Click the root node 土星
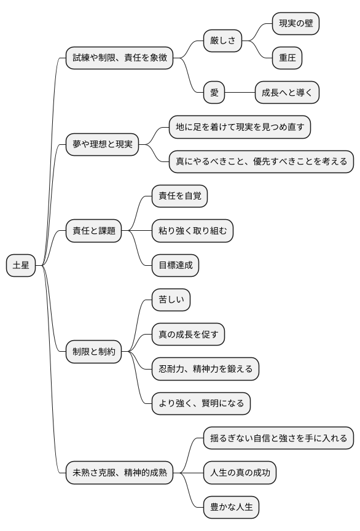pyautogui.click(x=21, y=266)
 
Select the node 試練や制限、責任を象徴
pyautogui.click(x=119, y=58)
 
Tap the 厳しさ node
pyautogui.click(x=222, y=41)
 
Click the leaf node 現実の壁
pyautogui.click(x=296, y=24)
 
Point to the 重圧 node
pyautogui.click(x=287, y=58)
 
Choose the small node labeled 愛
pyautogui.click(x=214, y=93)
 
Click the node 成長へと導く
pyautogui.click(x=287, y=93)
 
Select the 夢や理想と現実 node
pyautogui.click(x=102, y=145)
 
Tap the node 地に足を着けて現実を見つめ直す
pyautogui.click(x=240, y=128)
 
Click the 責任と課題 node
pyautogui.click(x=93, y=231)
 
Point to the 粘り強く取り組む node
pyautogui.click(x=192, y=231)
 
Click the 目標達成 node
pyautogui.click(x=175, y=266)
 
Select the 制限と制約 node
pyautogui.click(x=93, y=352)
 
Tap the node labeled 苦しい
pyautogui.click(x=171, y=300)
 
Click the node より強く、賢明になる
pyautogui.click(x=201, y=403)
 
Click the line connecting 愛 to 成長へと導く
pyautogui.click(x=240, y=93)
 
